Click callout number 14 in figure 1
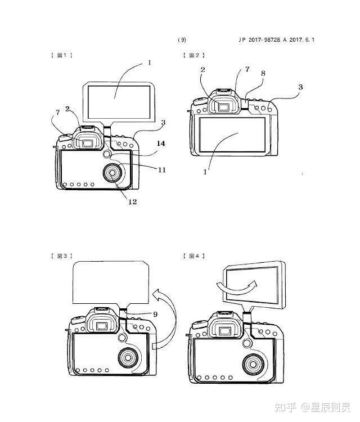[x=161, y=143]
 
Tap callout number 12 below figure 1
[x=132, y=201]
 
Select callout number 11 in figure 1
[x=161, y=170]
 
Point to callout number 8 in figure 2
[x=263, y=73]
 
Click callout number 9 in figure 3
[x=155, y=314]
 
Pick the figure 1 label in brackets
[x=62, y=56]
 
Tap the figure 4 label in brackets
[x=193, y=256]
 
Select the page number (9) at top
[x=182, y=40]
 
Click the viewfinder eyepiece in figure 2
[x=223, y=107]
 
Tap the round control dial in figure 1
[x=112, y=173]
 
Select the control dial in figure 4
[x=253, y=365]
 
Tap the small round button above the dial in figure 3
[x=122, y=337]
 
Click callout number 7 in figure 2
[x=247, y=69]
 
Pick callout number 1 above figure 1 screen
[x=149, y=63]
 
